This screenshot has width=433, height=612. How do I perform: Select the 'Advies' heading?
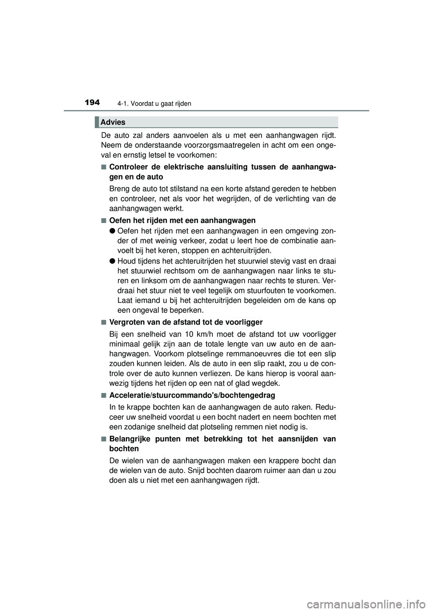click(113, 122)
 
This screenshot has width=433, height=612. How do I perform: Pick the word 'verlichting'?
click(294, 199)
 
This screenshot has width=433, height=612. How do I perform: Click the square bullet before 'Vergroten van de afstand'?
click(104, 322)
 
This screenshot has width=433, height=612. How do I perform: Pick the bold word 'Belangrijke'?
click(130, 439)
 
